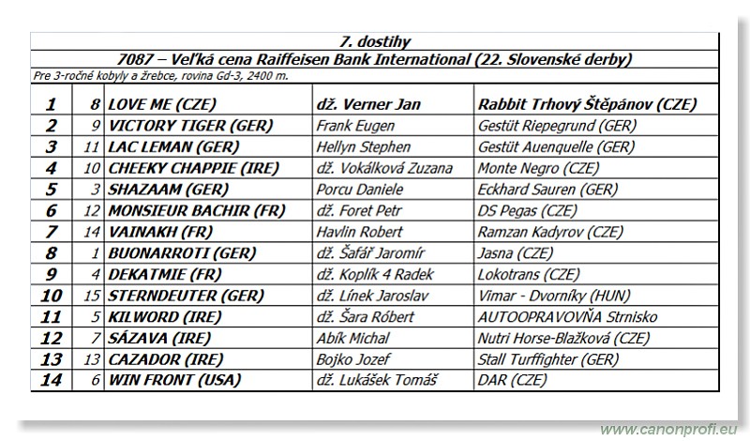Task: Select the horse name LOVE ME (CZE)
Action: click(x=160, y=103)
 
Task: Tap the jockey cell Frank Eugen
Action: click(x=352, y=126)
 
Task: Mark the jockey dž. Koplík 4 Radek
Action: click(x=378, y=274)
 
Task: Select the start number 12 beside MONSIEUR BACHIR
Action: click(x=93, y=210)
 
